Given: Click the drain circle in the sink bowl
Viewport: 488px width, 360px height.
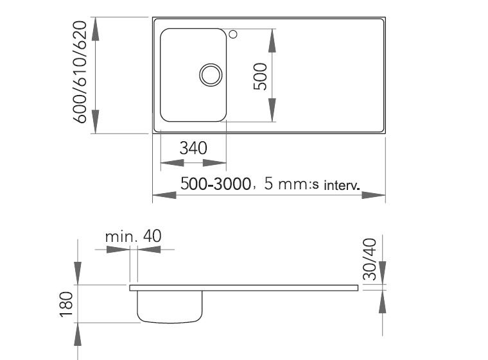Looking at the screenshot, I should pyautogui.click(x=209, y=74).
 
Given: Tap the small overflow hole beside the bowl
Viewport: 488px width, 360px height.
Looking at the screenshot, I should pyautogui.click(x=234, y=33).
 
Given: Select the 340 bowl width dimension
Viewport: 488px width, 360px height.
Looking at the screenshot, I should pyautogui.click(x=193, y=148).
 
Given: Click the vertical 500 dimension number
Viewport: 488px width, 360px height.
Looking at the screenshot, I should pyautogui.click(x=259, y=76).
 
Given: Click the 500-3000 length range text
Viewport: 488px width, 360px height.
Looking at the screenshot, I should pyautogui.click(x=214, y=184).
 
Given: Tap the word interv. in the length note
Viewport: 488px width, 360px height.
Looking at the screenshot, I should pyautogui.click(x=341, y=186).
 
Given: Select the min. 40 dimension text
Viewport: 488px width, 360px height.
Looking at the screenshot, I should pyautogui.click(x=133, y=236).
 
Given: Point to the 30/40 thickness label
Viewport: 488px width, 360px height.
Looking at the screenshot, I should pyautogui.click(x=369, y=259).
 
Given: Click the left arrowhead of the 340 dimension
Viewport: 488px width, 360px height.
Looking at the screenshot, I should pyautogui.click(x=168, y=161).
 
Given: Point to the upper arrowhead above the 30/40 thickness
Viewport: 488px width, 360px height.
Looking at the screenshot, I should pyautogui.click(x=383, y=272).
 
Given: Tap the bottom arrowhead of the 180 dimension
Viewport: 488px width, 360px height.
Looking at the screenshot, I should pyautogui.click(x=78, y=334).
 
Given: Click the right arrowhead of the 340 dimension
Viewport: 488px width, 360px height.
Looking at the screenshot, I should pyautogui.click(x=218, y=161).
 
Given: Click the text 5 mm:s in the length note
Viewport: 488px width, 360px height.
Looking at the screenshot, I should pyautogui.click(x=287, y=185).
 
